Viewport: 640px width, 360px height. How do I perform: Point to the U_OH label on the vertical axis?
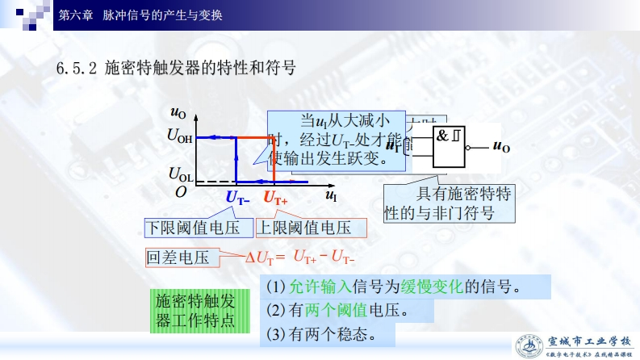tap(179, 136)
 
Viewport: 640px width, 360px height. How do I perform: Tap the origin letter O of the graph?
tap(181, 192)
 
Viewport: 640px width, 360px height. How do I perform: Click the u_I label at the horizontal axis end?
tap(331, 196)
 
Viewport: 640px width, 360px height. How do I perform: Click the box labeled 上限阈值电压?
tap(310, 228)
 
